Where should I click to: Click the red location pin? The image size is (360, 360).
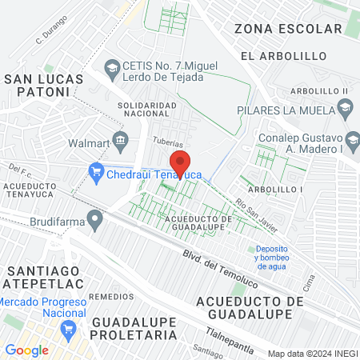[x=181, y=164]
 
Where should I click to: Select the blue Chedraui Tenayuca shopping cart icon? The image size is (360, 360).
[x=97, y=170]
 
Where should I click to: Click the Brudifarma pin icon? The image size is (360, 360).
[x=95, y=218]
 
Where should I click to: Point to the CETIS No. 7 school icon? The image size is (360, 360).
[x=111, y=65]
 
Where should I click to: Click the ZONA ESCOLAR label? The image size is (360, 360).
[x=288, y=30]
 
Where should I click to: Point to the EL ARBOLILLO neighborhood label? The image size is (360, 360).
[x=284, y=56]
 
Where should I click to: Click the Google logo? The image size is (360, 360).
[x=27, y=350]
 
